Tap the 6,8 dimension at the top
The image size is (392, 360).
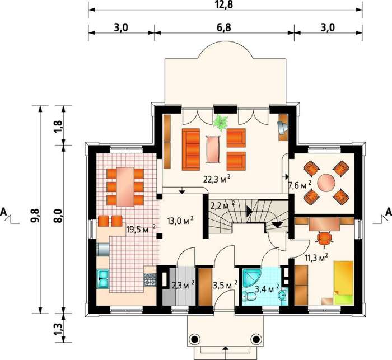224,27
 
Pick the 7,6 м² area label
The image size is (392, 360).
300,185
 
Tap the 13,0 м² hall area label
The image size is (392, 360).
180,220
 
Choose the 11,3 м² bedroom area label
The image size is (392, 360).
316,257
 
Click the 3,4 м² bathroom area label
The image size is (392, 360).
267,289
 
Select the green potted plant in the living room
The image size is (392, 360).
221,123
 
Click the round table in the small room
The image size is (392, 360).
326,183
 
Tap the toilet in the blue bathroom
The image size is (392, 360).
249,297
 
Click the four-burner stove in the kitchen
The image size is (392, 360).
150,279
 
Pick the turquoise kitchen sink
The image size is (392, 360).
103,278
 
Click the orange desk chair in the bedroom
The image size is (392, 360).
324,238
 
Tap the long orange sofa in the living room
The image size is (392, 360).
191,149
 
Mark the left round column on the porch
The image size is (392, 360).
195,339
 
